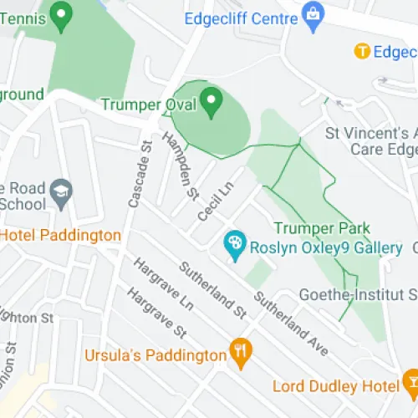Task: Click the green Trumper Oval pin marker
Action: (212, 102)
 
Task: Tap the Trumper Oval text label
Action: (149, 105)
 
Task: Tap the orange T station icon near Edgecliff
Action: (362, 52)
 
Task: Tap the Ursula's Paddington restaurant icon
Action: (242, 354)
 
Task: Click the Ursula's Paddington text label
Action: (155, 355)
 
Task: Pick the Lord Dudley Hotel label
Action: (334, 385)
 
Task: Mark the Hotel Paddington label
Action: (60, 236)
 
